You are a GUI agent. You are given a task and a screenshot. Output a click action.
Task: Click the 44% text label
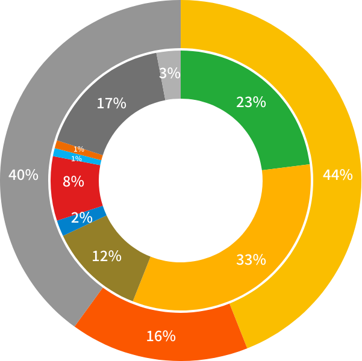pyautogui.click(x=337, y=175)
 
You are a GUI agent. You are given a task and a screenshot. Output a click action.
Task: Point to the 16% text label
pyautogui.click(x=161, y=336)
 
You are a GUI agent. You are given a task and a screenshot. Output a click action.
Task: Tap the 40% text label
pyautogui.click(x=23, y=175)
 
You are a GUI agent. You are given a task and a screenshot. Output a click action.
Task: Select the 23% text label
pyautogui.click(x=251, y=102)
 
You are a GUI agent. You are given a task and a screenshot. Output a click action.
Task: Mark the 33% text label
pyautogui.click(x=251, y=260)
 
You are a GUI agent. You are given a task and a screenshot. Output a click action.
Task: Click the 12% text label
pyautogui.click(x=107, y=256)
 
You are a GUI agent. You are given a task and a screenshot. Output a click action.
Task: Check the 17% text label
pyautogui.click(x=111, y=103)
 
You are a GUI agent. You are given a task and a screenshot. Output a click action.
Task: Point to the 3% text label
pyautogui.click(x=170, y=73)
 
